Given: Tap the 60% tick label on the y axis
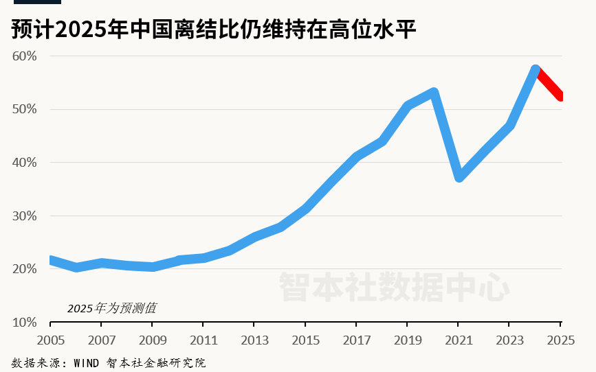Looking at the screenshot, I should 24,56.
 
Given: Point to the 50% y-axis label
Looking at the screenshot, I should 24,110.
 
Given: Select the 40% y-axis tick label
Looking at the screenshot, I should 24,163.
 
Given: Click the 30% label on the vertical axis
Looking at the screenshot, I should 24,216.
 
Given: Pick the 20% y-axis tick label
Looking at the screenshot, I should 24,269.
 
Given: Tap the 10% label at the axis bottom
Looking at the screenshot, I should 24,322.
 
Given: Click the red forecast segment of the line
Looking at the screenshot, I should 549,83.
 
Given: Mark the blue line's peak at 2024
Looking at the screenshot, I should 536,70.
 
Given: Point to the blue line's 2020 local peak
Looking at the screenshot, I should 433,93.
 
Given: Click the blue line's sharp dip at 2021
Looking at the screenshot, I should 459,177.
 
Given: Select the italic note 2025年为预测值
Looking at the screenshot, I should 111,308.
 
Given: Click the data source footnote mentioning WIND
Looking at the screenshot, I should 109,362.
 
